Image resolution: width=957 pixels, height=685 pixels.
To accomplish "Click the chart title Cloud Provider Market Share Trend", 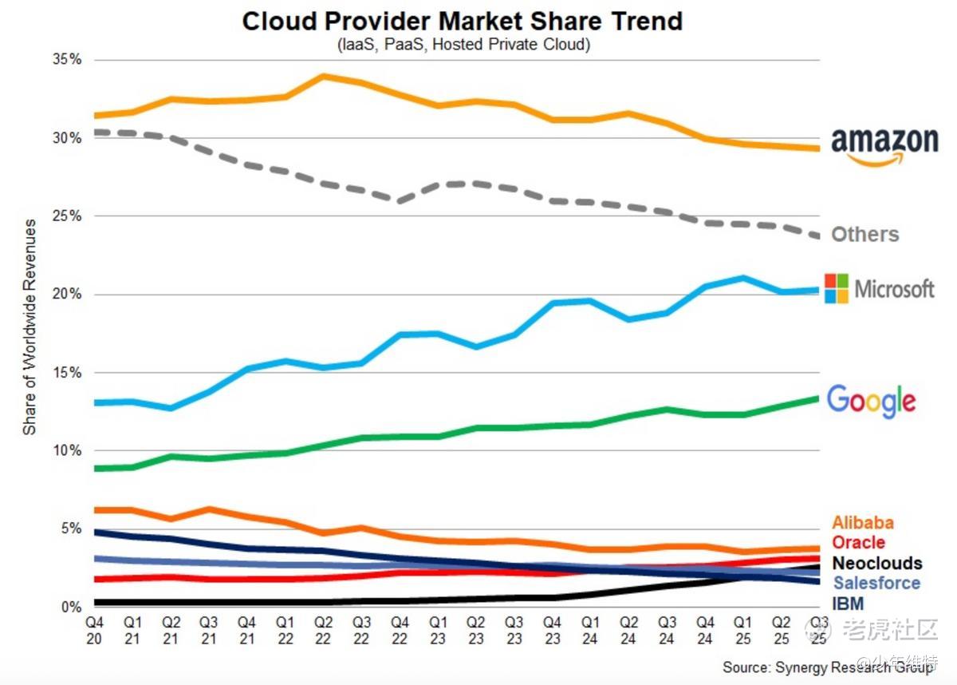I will tap(462, 21).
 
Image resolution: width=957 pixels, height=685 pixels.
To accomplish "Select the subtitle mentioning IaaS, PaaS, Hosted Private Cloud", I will tap(463, 45).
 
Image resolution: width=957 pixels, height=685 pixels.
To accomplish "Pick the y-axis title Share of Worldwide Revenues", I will tap(30, 327).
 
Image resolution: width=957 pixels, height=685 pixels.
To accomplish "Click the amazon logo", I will tap(884, 145).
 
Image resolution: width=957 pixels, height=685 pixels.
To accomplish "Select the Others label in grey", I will tap(865, 235).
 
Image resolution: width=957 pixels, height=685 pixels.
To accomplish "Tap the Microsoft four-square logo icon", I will tap(837, 288).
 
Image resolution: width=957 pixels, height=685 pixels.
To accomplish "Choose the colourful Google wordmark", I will tap(871, 400).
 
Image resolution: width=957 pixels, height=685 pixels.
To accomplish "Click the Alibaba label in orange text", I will tap(863, 523).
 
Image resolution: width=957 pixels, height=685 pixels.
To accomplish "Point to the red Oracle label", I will tap(858, 543).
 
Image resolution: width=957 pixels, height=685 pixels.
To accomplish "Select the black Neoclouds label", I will tap(876, 564).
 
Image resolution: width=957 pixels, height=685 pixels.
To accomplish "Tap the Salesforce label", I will tap(876, 584).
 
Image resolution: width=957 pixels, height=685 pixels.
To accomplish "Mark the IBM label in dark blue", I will tap(848, 604).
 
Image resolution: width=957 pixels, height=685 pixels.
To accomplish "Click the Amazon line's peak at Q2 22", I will tap(324, 76).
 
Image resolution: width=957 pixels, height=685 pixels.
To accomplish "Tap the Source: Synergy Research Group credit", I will tap(828, 667).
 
